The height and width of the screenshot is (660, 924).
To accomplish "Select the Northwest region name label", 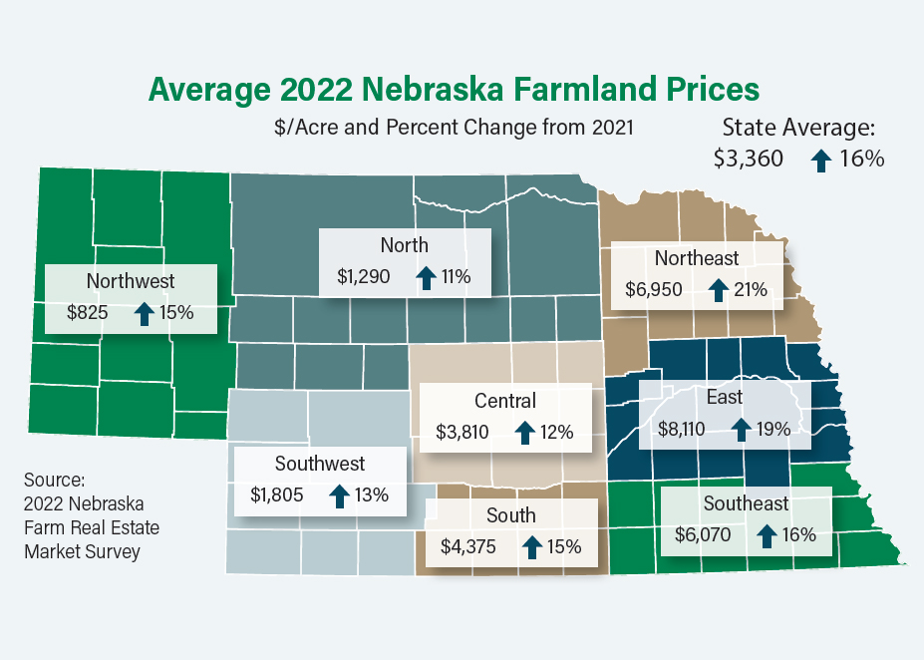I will (x=131, y=281).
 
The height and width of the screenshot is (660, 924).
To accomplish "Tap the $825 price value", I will (x=87, y=312).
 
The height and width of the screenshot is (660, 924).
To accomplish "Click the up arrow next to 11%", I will (x=426, y=276).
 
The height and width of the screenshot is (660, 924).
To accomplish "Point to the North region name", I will (x=404, y=245).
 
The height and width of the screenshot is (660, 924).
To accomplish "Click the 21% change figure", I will (x=751, y=290).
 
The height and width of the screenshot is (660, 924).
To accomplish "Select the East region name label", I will (x=725, y=397).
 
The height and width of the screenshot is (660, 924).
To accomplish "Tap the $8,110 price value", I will (x=685, y=429).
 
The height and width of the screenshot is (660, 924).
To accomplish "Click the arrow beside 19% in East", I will (x=741, y=429).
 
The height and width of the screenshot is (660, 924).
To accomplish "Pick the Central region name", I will (x=504, y=401).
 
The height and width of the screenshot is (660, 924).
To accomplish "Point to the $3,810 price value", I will (x=462, y=433).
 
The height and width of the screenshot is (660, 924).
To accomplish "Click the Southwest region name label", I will (x=320, y=464).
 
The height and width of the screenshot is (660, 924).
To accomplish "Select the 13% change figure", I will (x=372, y=495).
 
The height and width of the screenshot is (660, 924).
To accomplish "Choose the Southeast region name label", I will (x=746, y=503).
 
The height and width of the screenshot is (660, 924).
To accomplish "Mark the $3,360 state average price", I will (x=749, y=159).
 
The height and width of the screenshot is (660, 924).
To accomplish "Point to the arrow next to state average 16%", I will (x=821, y=160).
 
